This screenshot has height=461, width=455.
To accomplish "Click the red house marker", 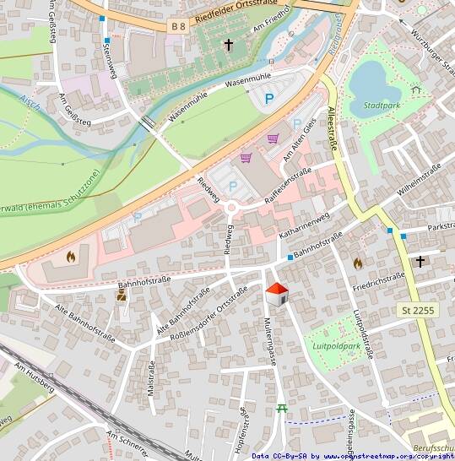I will [x=277, y=295].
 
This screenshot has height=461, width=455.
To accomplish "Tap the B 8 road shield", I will [x=178, y=27].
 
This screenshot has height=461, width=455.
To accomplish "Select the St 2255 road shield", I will [x=418, y=311].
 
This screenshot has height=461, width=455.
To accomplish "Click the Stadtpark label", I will [x=382, y=106].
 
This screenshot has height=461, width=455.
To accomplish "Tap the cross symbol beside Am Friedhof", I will [x=228, y=43].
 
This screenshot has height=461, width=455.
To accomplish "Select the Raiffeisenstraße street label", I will [x=288, y=185].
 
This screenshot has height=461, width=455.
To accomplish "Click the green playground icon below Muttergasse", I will [x=282, y=409].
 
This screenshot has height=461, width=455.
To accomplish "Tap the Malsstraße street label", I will [x=152, y=377].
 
